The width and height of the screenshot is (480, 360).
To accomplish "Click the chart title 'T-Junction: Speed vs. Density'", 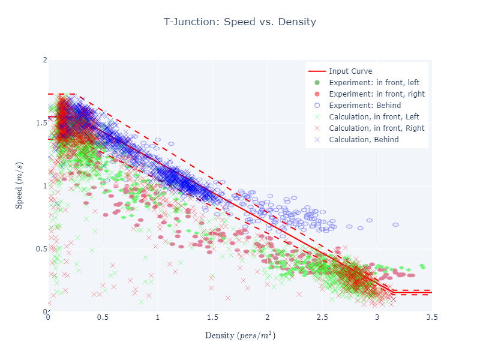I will (x=240, y=22).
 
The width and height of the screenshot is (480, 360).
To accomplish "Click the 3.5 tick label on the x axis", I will (x=432, y=317).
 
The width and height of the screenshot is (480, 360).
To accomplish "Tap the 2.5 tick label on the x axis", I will (x=322, y=317).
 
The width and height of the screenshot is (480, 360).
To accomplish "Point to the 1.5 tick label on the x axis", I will (x=212, y=317).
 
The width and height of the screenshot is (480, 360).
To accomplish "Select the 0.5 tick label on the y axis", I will (x=41, y=249).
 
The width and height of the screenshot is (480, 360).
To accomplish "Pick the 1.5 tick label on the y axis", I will (x=41, y=123).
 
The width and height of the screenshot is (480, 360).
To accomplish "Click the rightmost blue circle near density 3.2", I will (x=395, y=224).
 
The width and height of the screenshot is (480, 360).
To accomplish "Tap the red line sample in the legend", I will (x=317, y=71).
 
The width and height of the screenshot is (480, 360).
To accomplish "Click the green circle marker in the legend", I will (x=317, y=82).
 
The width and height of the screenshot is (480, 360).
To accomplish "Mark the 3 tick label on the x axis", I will (x=377, y=317).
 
